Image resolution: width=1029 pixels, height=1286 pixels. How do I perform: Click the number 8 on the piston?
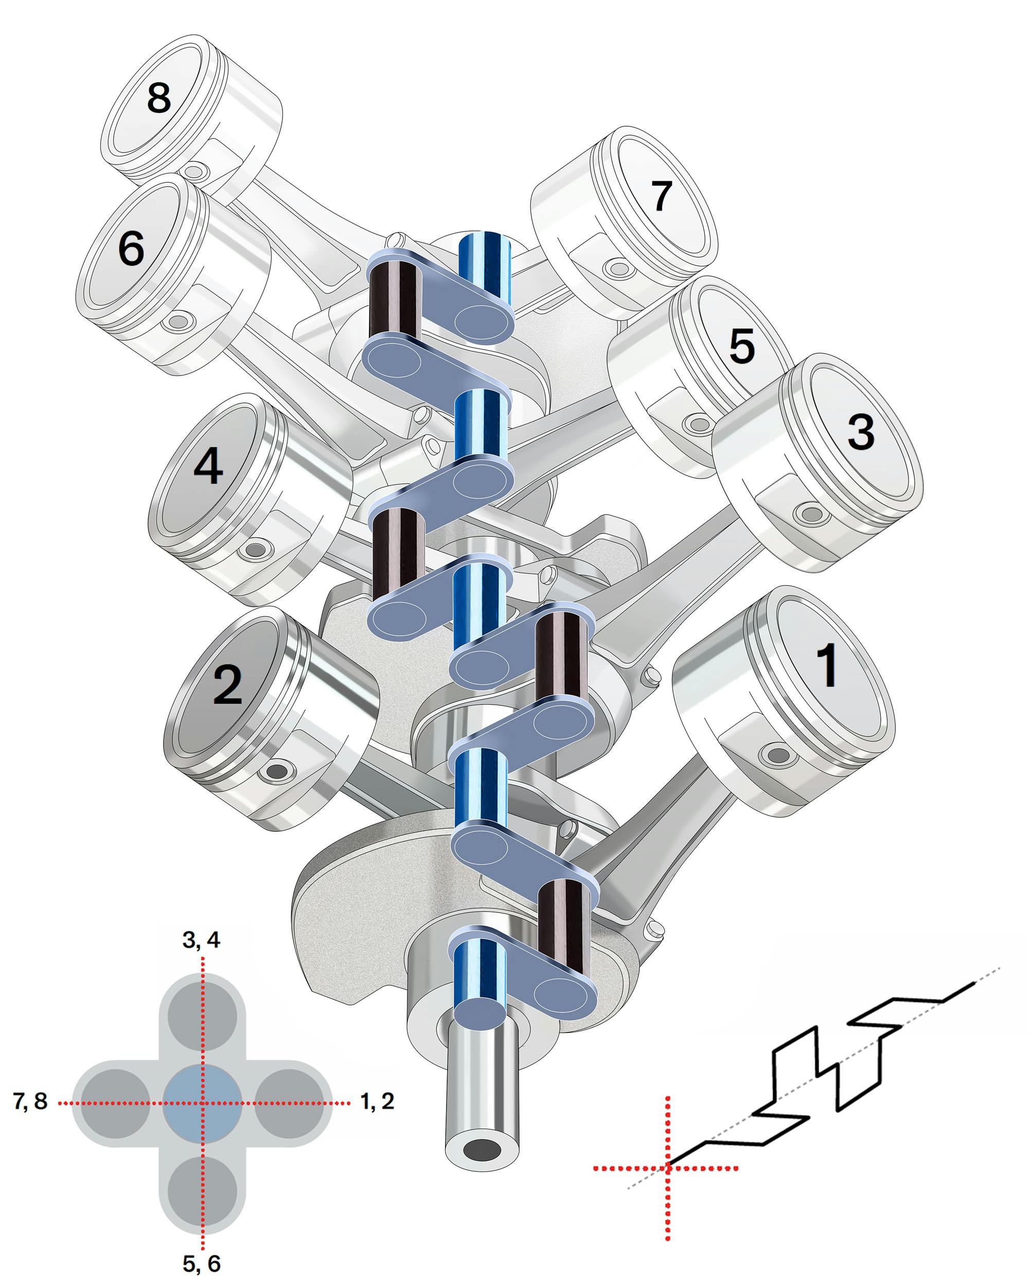pos(158,98)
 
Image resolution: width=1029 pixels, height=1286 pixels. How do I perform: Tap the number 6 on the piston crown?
pos(131,247)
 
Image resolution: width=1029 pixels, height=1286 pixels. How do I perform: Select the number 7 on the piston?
pos(661,195)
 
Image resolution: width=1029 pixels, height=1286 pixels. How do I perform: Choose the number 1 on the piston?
pos(827,665)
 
